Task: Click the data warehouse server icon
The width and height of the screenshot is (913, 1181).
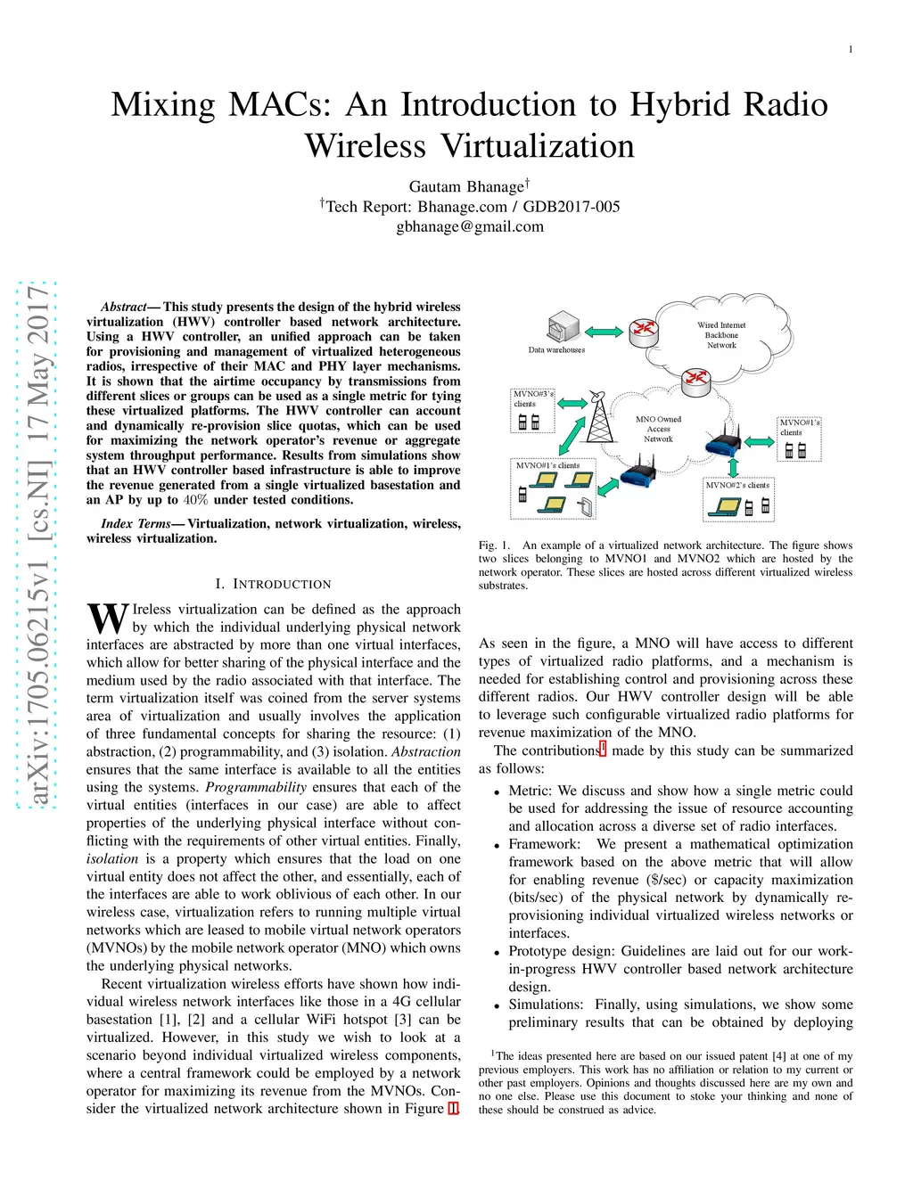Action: [x=563, y=327]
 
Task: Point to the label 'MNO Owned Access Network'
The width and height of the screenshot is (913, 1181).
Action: [x=658, y=429]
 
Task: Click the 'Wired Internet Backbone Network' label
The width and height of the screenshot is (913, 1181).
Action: [x=721, y=335]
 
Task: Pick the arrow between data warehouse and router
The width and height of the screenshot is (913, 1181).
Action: [x=604, y=332]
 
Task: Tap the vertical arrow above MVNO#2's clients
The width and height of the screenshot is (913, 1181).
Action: [x=734, y=467]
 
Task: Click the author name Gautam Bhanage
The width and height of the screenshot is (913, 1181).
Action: [x=466, y=186]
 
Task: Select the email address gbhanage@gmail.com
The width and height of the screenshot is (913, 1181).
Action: [x=470, y=226]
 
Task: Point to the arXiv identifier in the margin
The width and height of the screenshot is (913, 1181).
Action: [x=38, y=545]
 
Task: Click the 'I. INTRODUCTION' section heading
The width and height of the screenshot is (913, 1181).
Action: [x=273, y=584]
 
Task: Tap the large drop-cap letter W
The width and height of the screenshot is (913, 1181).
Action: [x=107, y=618]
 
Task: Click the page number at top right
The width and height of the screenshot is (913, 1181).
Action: [x=850, y=50]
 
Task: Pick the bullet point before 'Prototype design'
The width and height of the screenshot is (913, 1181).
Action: [x=497, y=953]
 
